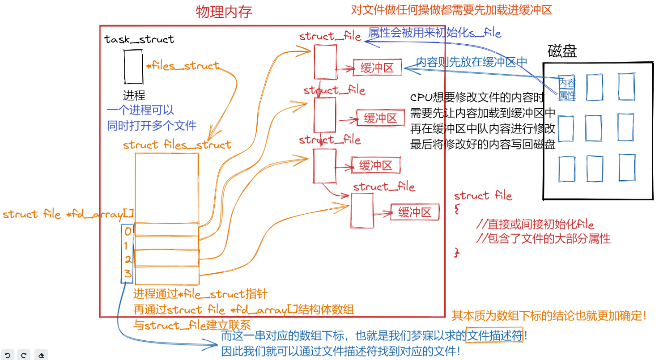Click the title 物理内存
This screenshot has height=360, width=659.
224,12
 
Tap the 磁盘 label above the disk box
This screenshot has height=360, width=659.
562,51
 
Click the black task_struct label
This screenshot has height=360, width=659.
139,39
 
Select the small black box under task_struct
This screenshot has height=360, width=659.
133,67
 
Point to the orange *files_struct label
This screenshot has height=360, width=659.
183,66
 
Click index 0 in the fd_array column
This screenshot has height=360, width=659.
128,232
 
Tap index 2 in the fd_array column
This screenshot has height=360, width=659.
128,260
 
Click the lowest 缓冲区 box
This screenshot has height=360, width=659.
414,212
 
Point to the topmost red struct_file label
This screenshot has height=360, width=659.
330,36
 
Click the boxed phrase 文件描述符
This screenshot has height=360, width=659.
494,335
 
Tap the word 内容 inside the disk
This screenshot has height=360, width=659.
567,82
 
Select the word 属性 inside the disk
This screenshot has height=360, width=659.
567,95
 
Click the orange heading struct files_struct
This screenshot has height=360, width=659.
177,145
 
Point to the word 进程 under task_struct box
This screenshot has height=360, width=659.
134,95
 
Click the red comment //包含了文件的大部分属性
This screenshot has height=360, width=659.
543,238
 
